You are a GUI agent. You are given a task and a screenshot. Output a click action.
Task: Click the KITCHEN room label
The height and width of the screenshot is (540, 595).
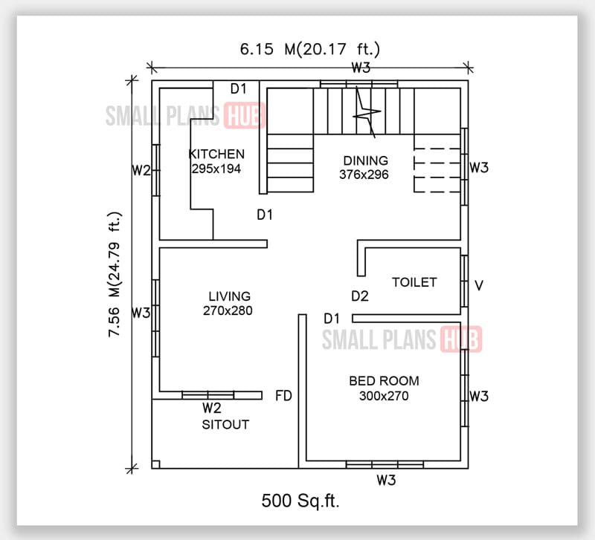216,154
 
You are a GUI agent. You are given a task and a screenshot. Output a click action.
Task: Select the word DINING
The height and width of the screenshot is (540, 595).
365,160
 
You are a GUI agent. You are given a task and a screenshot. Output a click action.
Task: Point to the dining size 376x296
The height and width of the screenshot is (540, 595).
365,175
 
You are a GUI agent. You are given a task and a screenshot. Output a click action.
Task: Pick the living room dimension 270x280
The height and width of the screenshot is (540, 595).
228,310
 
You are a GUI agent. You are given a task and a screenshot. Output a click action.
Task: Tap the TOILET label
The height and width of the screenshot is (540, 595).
414,282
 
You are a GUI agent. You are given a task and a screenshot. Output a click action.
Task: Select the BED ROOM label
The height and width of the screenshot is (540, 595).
384,381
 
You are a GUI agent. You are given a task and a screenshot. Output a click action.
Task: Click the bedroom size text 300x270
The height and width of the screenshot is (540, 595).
384,396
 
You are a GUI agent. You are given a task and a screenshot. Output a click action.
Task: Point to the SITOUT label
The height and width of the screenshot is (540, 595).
225,425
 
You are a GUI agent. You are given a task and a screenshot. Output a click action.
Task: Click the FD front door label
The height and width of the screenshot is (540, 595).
283,394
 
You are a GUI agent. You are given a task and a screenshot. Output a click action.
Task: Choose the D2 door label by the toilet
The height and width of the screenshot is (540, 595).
360,296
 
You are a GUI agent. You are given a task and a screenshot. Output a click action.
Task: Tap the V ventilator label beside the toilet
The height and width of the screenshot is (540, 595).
480,284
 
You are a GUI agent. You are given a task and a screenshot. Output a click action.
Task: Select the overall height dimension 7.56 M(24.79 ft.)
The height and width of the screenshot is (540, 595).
116,274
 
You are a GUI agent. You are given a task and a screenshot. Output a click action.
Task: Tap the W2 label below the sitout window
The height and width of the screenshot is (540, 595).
212,408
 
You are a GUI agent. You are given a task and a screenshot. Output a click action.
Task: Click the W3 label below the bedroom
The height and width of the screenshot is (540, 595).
385,480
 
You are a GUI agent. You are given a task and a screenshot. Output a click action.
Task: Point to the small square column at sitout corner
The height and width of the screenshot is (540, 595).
155,465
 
